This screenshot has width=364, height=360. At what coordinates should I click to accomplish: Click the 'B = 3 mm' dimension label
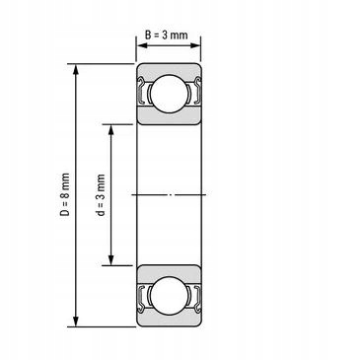point(169,35)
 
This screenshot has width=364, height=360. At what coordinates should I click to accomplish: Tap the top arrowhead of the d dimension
point(112,129)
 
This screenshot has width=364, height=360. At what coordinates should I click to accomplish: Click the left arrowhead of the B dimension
point(140,46)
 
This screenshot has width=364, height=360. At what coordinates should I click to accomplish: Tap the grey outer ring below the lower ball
point(169,320)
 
